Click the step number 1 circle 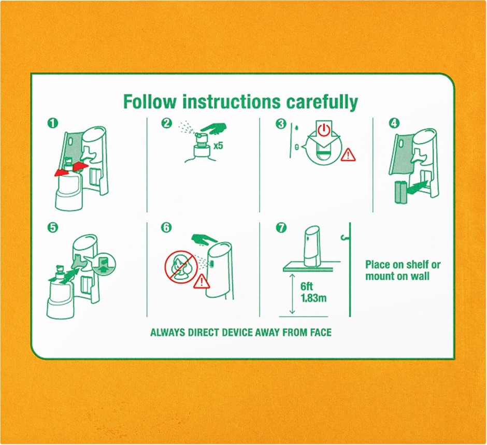pyautogui.click(x=52, y=123)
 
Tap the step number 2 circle pyautogui.click(x=166, y=123)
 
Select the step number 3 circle pyautogui.click(x=280, y=124)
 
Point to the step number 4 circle pyautogui.click(x=394, y=123)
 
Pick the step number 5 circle pyautogui.click(x=52, y=227)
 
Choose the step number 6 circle pyautogui.click(x=166, y=227)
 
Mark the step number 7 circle pyautogui.click(x=281, y=227)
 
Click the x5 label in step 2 pyautogui.click(x=218, y=146)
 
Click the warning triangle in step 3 pyautogui.click(x=348, y=154)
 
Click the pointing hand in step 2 pyautogui.click(x=213, y=128)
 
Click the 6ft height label pyautogui.click(x=307, y=286)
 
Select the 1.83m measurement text pyautogui.click(x=313, y=298)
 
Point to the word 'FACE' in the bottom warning pyautogui.click(x=321, y=332)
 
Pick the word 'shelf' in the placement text pyautogui.click(x=416, y=265)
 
